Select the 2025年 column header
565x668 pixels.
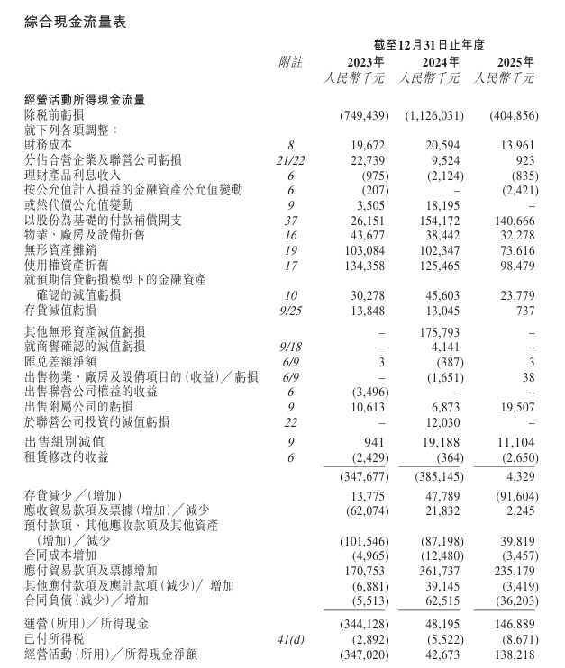pos(515,62)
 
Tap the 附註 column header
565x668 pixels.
pos(291,62)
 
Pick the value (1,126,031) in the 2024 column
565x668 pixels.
pos(433,116)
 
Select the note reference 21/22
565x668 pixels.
pos(291,159)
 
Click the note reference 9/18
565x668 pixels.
pos(291,346)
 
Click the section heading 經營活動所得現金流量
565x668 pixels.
pos(86,100)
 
